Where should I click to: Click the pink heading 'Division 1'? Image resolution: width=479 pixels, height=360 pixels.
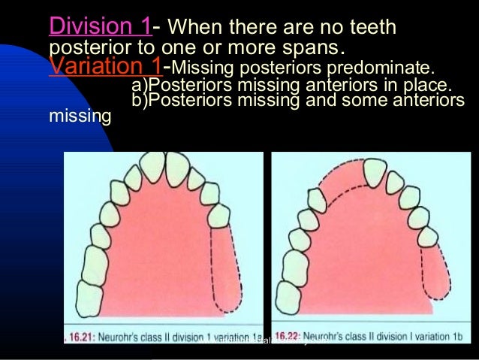pyautogui.click(x=100, y=28)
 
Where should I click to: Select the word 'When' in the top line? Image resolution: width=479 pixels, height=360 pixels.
pyautogui.click(x=192, y=29)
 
